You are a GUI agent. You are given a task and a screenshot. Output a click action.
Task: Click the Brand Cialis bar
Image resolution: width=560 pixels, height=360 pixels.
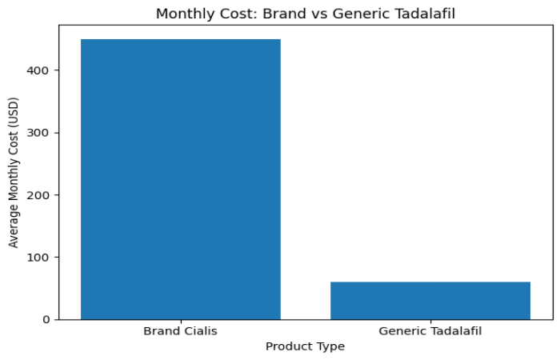tap(181, 179)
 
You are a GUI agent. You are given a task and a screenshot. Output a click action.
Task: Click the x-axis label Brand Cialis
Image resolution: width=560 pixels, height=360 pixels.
tap(181, 330)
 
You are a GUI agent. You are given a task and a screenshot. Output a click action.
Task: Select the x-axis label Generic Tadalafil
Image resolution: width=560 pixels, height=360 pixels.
tap(430, 330)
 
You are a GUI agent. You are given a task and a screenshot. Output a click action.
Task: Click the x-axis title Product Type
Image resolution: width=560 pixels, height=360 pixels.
tap(305, 346)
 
